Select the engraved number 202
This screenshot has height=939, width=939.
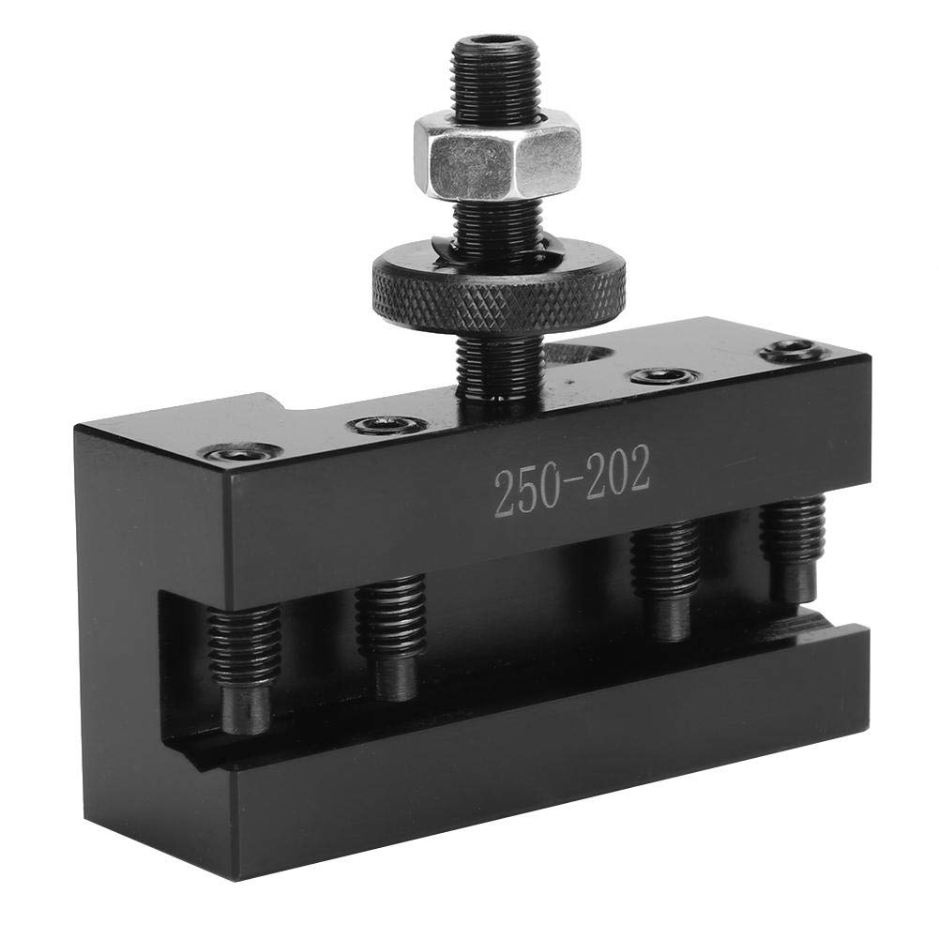pyautogui.click(x=613, y=476)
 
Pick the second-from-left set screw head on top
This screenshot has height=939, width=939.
pyautogui.click(x=387, y=425)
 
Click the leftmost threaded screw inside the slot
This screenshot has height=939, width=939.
pyautogui.click(x=243, y=647)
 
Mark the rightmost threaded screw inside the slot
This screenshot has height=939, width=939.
pyautogui.click(x=793, y=535)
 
